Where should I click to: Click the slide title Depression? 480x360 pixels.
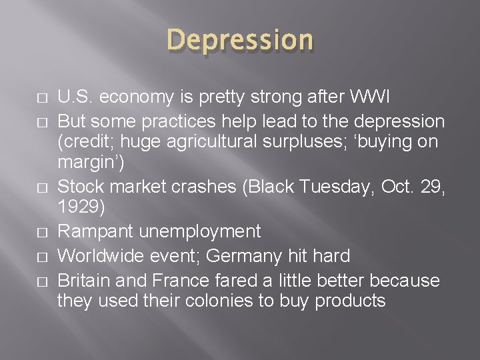coord(240,40)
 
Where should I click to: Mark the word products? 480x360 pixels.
coord(350,301)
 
